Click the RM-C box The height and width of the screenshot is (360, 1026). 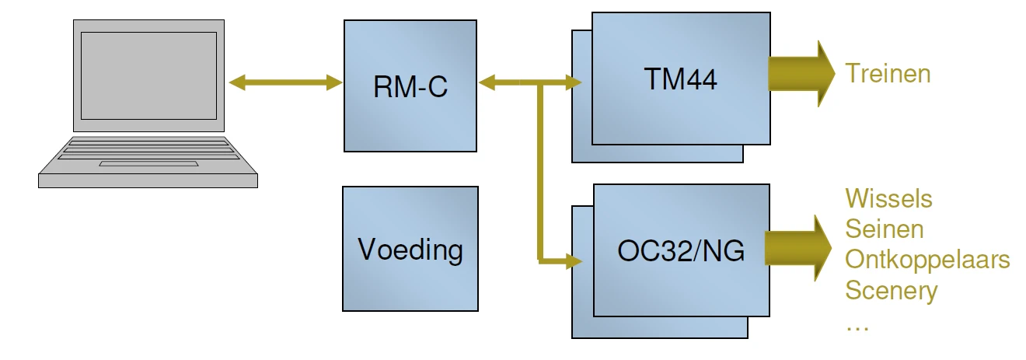[x=410, y=86]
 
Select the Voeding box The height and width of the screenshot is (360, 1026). [x=410, y=249]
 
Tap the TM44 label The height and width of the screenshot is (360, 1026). [x=680, y=78]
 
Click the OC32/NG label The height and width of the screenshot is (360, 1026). [x=681, y=250]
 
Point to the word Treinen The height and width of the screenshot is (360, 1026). [x=888, y=74]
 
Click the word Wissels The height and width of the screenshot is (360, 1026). [x=888, y=198]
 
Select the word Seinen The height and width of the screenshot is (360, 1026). [x=885, y=229]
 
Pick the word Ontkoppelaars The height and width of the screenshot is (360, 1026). [x=927, y=259]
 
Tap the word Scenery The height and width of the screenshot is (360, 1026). [x=892, y=290]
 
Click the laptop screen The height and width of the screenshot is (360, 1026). [x=148, y=75]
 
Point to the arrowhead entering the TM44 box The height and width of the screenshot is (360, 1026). [x=576, y=82]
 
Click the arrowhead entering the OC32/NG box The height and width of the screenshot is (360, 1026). [x=576, y=260]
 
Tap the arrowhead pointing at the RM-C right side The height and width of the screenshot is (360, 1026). [x=488, y=82]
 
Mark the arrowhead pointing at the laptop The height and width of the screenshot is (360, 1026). [x=238, y=82]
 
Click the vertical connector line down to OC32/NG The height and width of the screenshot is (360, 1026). [x=539, y=171]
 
